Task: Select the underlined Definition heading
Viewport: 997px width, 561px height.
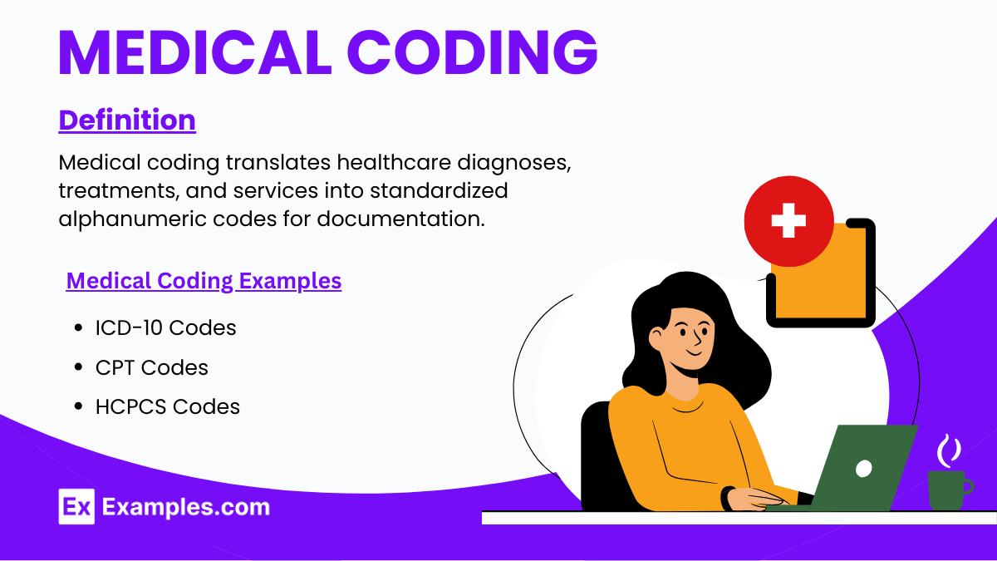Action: coord(127,120)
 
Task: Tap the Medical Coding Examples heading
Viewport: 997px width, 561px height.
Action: coord(204,281)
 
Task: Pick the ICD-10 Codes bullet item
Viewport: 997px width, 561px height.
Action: coord(165,327)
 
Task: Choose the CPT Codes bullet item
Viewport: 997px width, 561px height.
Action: coord(151,367)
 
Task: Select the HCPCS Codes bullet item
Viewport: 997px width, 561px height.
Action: coord(167,406)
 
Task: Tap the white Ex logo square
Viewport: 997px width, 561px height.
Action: coord(76,506)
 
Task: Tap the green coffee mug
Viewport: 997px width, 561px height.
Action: coord(947,490)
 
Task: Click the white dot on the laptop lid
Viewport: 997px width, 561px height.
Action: coord(864,468)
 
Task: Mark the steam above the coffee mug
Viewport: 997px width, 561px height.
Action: coord(949,450)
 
